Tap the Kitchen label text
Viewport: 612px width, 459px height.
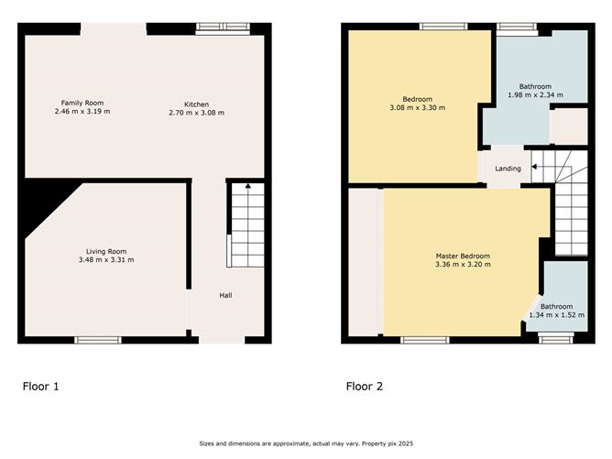196,103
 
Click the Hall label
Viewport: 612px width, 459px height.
225,295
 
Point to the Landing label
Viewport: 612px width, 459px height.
508,169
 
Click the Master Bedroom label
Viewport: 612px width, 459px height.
462,256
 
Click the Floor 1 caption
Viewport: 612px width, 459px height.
41,387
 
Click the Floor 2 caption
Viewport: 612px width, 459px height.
365,387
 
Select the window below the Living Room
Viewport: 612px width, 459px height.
98,340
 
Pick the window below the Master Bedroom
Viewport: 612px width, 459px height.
423,340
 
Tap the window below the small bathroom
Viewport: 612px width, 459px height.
556,340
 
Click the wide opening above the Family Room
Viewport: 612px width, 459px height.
114,28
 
